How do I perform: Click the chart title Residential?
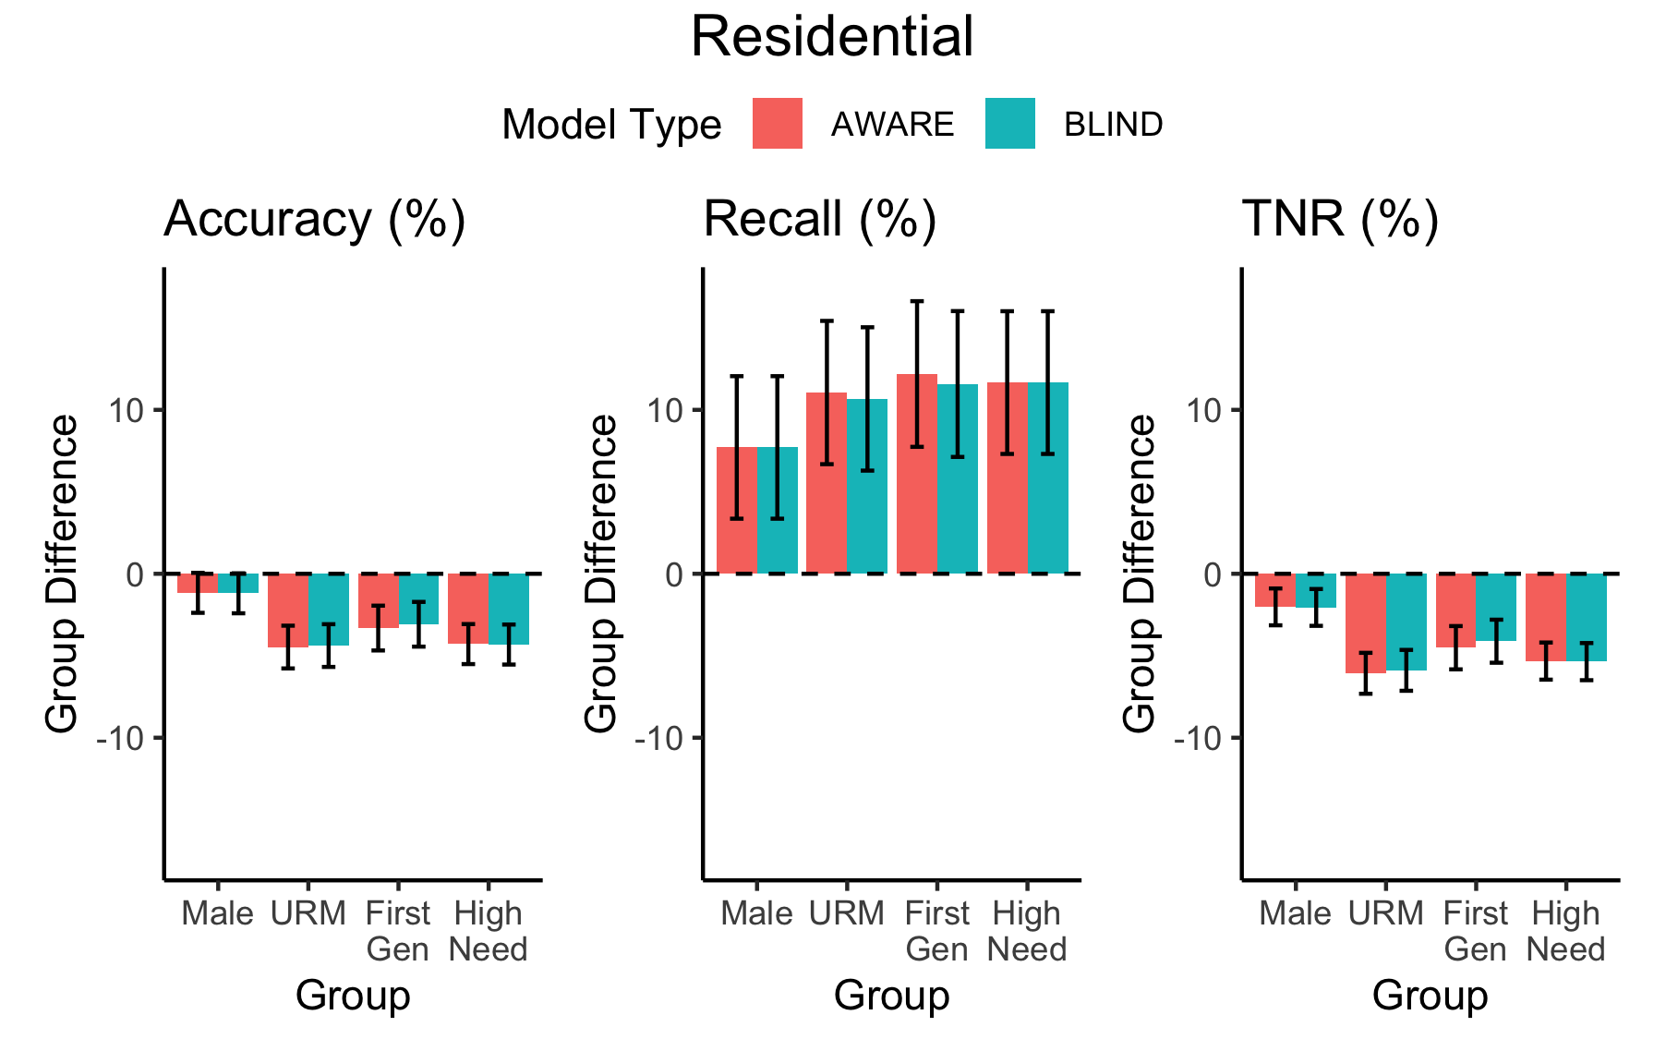point(832,37)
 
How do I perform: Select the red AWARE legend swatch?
point(777,124)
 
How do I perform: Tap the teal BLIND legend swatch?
point(1009,124)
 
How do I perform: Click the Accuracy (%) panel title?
point(314,220)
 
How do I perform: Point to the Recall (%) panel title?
point(820,220)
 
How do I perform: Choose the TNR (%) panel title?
point(1340,220)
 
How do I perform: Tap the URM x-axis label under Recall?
point(846,913)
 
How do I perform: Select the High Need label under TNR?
point(1565,931)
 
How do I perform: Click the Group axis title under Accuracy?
point(353,996)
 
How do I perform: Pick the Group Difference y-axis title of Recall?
point(601,574)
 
